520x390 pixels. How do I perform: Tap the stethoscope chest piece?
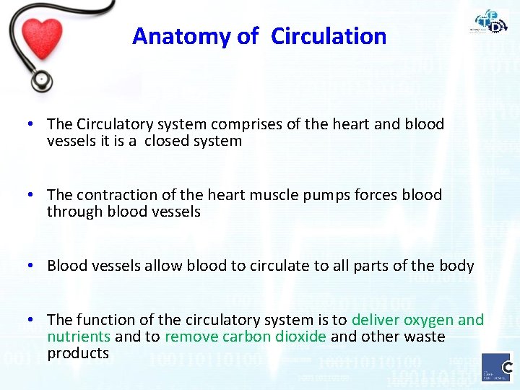[42, 78]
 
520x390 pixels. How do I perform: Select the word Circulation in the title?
[329, 36]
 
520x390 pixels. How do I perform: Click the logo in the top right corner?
[491, 22]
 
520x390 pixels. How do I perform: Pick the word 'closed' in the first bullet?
[166, 141]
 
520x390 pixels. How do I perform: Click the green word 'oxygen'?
[429, 319]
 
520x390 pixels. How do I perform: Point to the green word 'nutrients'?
[79, 337]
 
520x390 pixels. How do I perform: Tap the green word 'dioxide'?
[300, 337]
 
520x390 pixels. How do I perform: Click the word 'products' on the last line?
[78, 353]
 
